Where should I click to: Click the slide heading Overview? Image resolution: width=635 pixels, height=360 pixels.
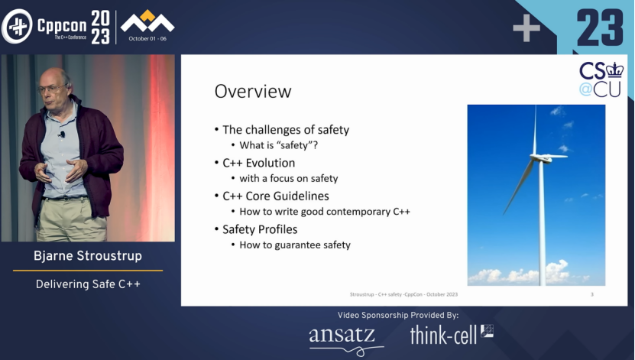click(253, 92)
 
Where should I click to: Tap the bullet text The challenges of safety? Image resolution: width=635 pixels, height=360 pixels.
click(286, 130)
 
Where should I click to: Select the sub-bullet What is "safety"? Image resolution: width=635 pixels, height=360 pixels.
click(279, 145)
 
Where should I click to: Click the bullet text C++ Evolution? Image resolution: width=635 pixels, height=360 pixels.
click(259, 163)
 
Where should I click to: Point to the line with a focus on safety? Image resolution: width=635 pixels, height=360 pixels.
click(289, 178)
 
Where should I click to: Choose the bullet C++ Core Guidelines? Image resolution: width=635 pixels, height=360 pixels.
click(276, 196)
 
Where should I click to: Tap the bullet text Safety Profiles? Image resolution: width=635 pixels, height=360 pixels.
click(260, 229)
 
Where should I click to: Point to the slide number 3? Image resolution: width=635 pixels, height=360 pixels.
click(592, 294)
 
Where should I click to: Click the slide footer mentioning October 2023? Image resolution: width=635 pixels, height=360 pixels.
click(403, 294)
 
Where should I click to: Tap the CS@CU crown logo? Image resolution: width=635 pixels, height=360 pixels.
click(601, 79)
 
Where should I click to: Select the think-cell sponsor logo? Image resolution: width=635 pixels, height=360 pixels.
click(451, 335)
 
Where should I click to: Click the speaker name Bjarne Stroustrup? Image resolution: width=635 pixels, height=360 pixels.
click(88, 256)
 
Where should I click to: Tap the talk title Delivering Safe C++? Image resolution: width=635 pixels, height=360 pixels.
click(88, 284)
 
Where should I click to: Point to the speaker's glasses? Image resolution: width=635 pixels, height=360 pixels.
click(52, 89)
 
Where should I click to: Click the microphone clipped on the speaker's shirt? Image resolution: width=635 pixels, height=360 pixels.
click(62, 134)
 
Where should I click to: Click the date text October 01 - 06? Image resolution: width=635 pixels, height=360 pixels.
click(147, 39)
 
